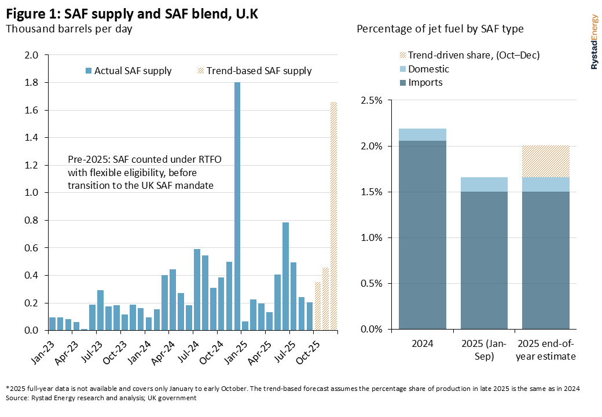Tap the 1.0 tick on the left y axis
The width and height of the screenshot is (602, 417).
[x=31, y=193]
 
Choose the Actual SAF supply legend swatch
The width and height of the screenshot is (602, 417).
[x=89, y=71]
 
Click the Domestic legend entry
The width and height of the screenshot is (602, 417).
[x=428, y=69]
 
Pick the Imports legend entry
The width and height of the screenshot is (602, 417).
[x=425, y=82]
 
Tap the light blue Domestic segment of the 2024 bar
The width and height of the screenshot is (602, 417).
[x=422, y=134]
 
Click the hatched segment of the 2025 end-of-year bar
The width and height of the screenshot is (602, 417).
[x=545, y=161]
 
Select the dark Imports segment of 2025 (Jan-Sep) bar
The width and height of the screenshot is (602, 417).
[x=484, y=261]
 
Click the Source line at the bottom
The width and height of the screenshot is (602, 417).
[x=101, y=398]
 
